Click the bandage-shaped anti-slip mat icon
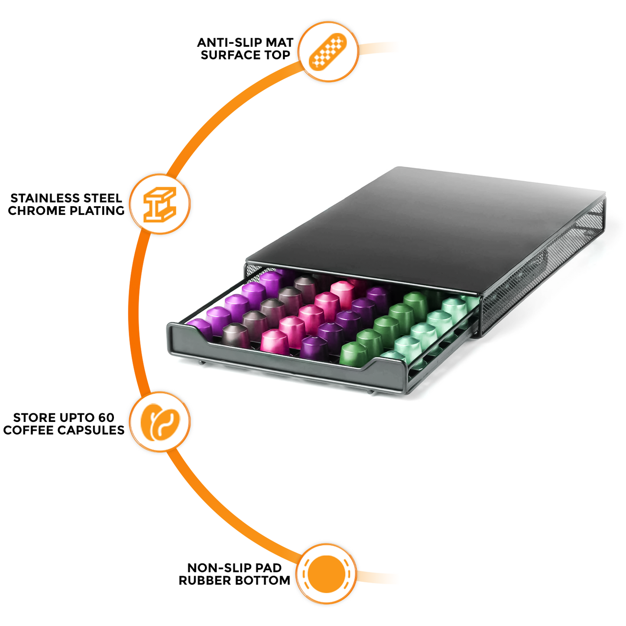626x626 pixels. click(x=328, y=52)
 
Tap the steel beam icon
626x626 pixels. click(x=160, y=204)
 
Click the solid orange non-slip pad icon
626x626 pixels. click(x=327, y=574)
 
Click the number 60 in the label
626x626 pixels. click(x=106, y=418)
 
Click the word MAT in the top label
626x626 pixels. click(x=279, y=42)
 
